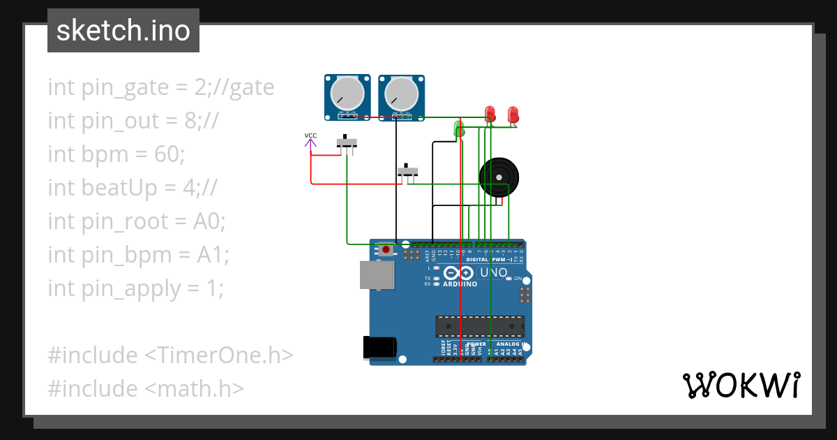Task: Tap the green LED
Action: pos(459,128)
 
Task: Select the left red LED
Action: pos(490,114)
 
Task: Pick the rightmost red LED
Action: pos(513,114)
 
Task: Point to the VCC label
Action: pos(310,135)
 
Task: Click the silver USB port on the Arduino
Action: pos(377,274)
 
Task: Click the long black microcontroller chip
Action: pos(480,325)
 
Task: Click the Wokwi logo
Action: pos(741,385)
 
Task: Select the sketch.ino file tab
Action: pos(123,31)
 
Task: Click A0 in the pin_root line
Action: pos(209,221)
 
